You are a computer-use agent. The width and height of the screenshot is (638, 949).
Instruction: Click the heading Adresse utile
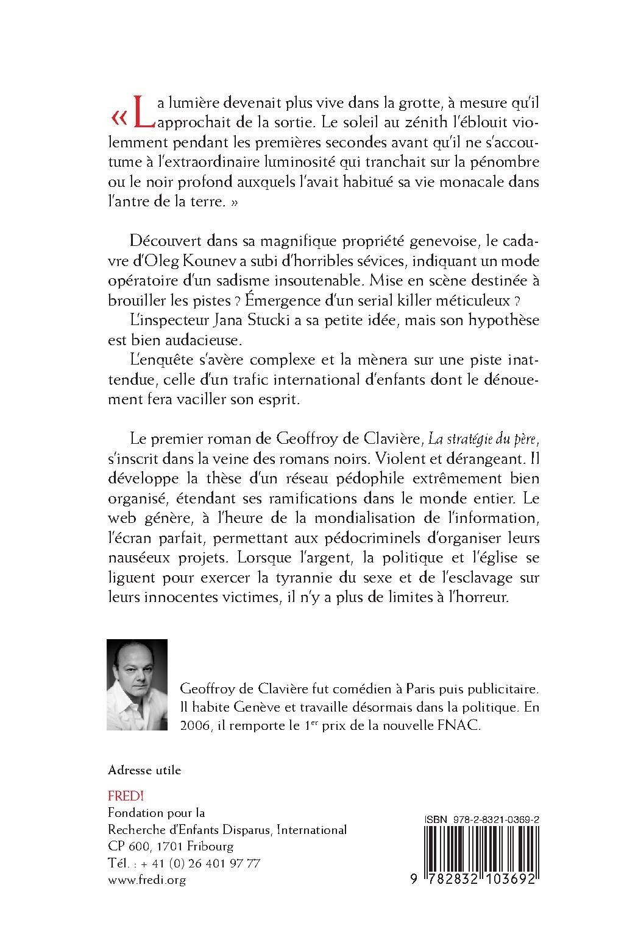(x=144, y=770)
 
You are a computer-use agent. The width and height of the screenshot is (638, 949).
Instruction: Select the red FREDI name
(x=122, y=796)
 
